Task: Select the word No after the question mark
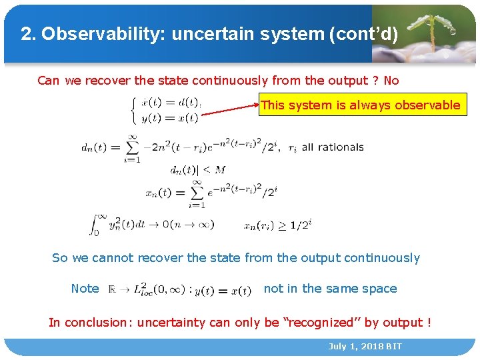[x=391, y=81]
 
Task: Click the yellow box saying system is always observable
[x=360, y=105]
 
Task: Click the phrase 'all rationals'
[x=333, y=147]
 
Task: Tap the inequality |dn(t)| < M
[x=198, y=170]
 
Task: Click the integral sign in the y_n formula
[x=95, y=224]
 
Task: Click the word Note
[x=85, y=289]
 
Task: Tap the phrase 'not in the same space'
[x=330, y=289]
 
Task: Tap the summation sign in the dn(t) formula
[x=131, y=147]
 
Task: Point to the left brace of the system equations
[x=135, y=109]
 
